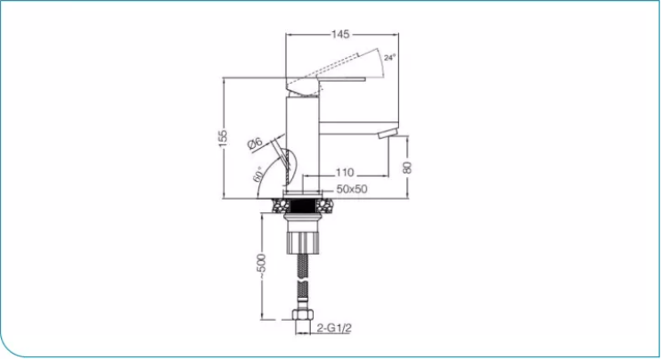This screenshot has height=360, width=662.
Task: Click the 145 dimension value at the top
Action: tap(339, 35)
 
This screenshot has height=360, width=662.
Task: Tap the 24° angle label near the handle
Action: tap(389, 57)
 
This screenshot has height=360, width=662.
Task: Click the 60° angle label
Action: tap(259, 174)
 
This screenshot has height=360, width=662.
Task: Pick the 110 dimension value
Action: tap(345, 172)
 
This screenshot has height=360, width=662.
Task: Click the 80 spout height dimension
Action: tap(408, 167)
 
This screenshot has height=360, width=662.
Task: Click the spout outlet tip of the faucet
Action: tap(384, 135)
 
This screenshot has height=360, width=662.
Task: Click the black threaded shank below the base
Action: tap(302, 213)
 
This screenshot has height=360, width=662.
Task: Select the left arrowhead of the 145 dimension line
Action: tap(288, 35)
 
